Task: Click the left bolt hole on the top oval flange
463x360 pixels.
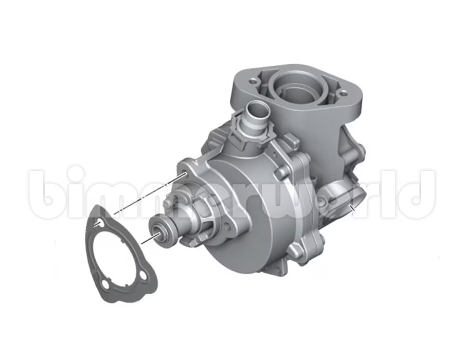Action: coord(253,81)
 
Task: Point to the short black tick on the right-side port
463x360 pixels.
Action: coord(352,208)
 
